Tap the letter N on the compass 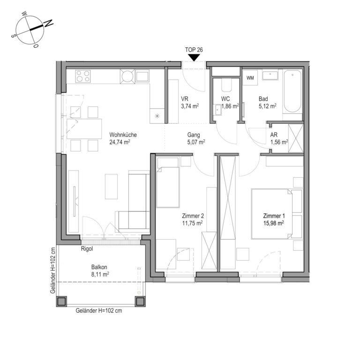click(49, 23)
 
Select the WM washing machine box click(250, 78)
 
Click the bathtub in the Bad click(292, 91)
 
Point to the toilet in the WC click(226, 85)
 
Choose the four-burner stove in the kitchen click(83, 76)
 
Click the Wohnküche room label click(123, 135)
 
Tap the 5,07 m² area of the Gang click(196, 142)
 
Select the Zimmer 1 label click(274, 216)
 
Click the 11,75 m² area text click(192, 223)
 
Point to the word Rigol click(87, 248)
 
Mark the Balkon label click(99, 267)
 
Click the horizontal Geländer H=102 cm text click(99, 311)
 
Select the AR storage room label click(274, 135)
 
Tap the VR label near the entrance click(185, 99)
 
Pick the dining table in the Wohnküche click(84, 128)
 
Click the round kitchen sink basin click(127, 76)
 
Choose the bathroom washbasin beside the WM click(270, 75)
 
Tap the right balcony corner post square click(140, 301)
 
